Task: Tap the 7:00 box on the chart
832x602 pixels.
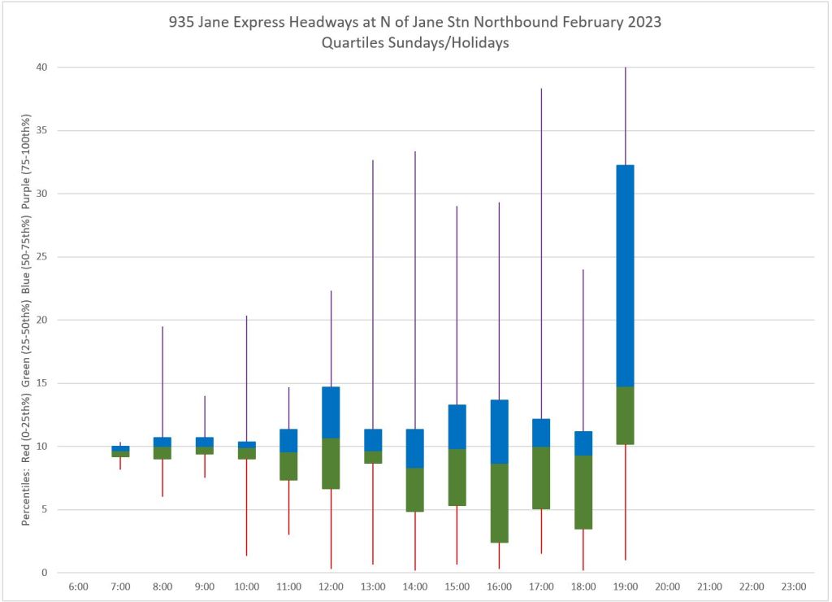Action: pyautogui.click(x=120, y=451)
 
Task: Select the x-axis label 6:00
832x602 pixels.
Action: pyautogui.click(x=79, y=587)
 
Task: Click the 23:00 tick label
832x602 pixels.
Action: pyautogui.click(x=793, y=587)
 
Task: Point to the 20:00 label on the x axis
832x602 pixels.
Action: pyautogui.click(x=667, y=587)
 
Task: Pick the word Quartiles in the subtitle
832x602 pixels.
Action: pyautogui.click(x=354, y=43)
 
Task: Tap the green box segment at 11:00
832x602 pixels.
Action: pyautogui.click(x=288, y=466)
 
